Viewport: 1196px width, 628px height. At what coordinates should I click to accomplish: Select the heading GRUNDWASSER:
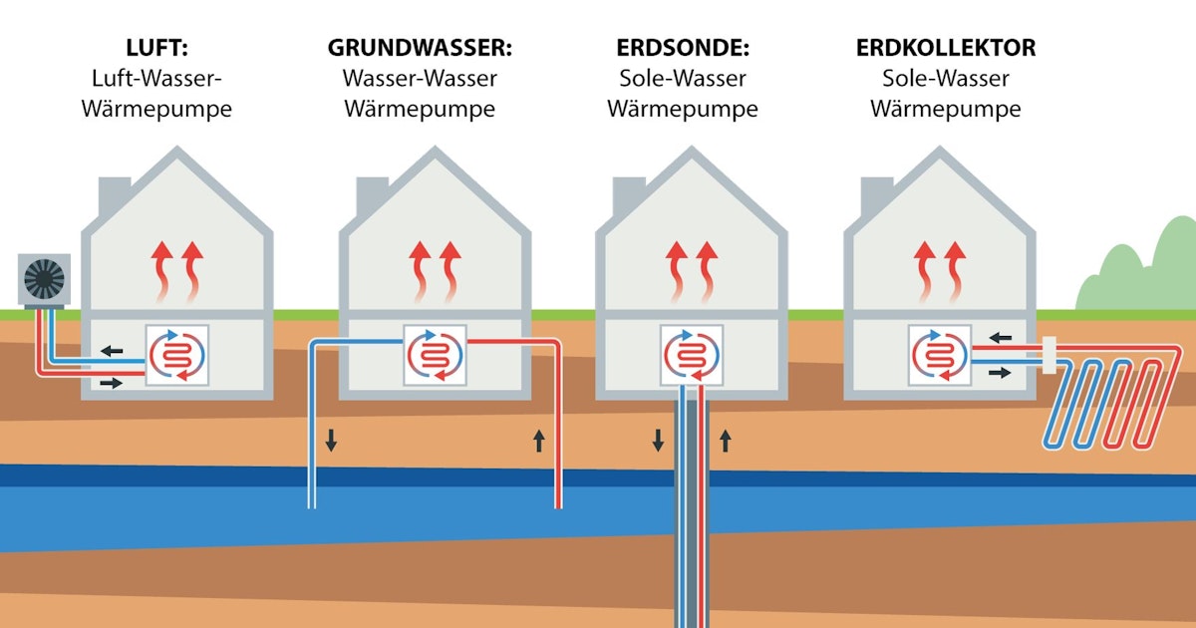(420, 47)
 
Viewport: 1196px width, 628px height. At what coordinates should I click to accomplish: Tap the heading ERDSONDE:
(682, 47)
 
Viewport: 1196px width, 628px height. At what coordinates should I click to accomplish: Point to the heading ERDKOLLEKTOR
(945, 47)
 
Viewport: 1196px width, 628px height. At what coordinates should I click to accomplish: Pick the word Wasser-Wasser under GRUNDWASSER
(420, 78)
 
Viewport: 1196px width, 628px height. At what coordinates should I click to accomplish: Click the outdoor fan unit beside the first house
(44, 279)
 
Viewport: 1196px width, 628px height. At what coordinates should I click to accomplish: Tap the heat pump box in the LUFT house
(178, 355)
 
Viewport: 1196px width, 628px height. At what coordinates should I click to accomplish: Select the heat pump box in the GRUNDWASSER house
(435, 355)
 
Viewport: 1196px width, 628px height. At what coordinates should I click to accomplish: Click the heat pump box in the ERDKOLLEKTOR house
(940, 355)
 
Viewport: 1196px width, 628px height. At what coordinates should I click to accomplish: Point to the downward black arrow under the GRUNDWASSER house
(331, 439)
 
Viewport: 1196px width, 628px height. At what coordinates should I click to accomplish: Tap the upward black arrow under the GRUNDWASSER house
(539, 439)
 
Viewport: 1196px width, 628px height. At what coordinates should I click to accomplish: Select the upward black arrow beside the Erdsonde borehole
(725, 439)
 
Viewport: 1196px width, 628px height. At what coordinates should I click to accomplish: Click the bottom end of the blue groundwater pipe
(312, 503)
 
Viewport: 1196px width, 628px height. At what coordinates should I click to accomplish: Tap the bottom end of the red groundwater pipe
(558, 503)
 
